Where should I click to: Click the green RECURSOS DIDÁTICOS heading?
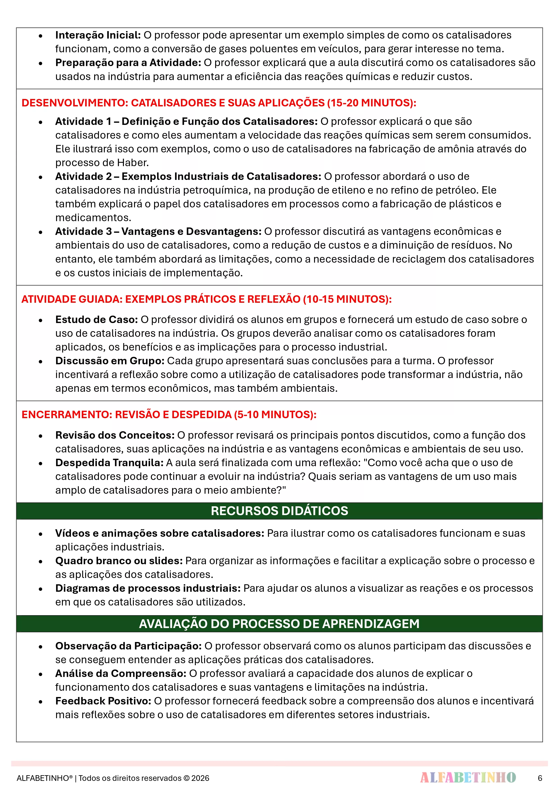coord(279,511)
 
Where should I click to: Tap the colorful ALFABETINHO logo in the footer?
coord(468,777)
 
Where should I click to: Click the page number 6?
coord(540,778)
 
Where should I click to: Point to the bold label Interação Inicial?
coord(98,35)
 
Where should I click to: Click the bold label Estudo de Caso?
coord(96,319)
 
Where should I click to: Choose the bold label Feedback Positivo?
coord(103,701)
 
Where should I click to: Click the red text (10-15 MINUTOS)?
coord(347,299)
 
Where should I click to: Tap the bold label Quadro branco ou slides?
coord(119,561)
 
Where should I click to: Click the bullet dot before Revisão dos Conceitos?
coord(41,436)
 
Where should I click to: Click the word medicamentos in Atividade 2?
coord(93,218)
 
